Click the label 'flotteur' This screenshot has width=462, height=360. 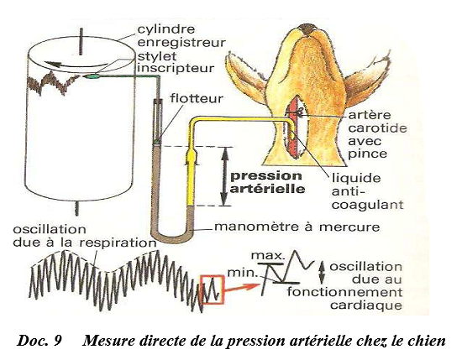pos(197,99)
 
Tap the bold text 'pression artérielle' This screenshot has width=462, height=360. pos(267,182)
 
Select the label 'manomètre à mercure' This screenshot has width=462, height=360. pos(297,227)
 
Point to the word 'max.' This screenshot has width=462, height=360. pos(267,255)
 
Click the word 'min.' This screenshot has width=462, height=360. pos(243,273)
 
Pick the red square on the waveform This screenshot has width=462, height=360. pos(213,289)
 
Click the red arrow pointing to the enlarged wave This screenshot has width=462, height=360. pos(242,289)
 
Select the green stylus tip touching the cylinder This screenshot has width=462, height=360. pos(92,76)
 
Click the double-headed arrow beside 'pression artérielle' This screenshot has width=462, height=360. pos(225,176)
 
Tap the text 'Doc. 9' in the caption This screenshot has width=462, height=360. pos(39,341)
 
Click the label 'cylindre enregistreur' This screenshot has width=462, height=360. pos(181,36)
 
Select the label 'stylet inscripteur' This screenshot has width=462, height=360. pos(176,62)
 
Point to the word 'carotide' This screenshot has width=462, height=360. pos(377,128)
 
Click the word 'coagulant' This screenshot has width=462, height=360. pos(367,205)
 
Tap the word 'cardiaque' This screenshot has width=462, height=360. pos(366,305)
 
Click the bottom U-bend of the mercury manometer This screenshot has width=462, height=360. pos(171,236)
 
